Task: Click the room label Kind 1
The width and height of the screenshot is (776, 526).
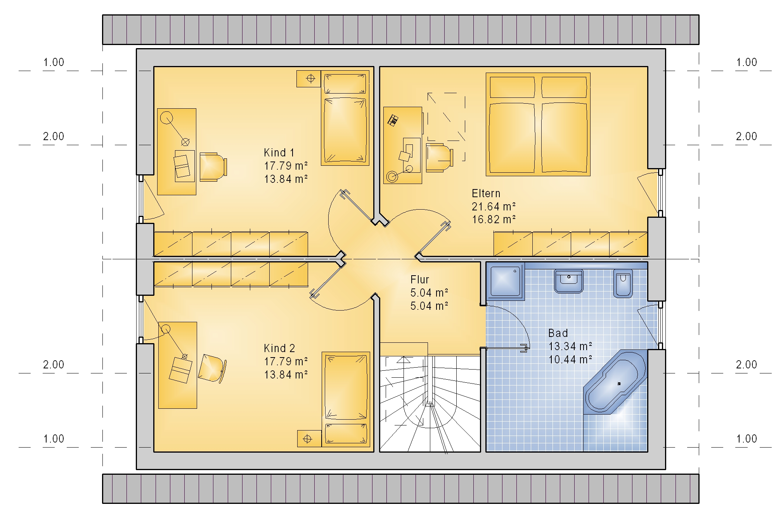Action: tap(279, 153)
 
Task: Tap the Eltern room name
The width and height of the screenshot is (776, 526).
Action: tap(486, 193)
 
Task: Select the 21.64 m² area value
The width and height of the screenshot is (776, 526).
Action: tap(494, 207)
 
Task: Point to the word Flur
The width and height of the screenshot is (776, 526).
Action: tap(420, 279)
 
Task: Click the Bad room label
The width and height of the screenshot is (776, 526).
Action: tap(558, 333)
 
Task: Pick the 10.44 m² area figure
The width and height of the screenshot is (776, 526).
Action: tap(570, 359)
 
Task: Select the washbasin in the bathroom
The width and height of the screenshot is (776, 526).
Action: tap(569, 281)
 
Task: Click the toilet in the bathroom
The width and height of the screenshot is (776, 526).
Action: tap(623, 283)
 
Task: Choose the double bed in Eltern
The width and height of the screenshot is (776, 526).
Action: tap(538, 124)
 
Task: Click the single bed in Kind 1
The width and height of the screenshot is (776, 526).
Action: tap(345, 118)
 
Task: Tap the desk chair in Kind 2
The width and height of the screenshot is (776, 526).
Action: tap(212, 368)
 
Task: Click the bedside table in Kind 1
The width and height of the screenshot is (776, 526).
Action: tap(309, 79)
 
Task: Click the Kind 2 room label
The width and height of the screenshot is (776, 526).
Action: tap(279, 348)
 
